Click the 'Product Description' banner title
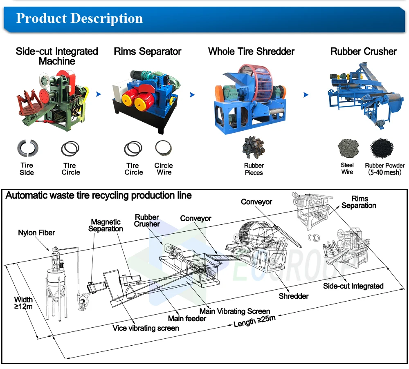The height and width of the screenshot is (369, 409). [79, 18]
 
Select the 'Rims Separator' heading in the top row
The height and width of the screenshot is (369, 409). [147, 51]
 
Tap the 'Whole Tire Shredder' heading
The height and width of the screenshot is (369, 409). [251, 51]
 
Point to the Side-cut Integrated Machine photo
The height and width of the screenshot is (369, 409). [53, 100]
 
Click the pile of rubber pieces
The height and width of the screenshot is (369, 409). [254, 148]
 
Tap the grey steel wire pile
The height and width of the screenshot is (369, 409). [348, 148]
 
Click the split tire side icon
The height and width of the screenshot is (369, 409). [27, 148]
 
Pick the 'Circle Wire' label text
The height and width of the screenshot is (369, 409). [164, 169]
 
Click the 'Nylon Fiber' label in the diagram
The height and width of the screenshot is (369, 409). [36, 233]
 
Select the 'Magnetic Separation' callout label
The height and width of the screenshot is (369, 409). [106, 225]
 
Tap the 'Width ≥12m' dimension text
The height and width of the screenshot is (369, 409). [23, 303]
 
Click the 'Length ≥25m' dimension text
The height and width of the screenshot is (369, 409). [254, 322]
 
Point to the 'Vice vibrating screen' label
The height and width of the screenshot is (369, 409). [146, 328]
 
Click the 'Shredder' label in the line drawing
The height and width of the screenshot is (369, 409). [294, 296]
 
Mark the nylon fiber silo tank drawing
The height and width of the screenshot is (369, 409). [56, 282]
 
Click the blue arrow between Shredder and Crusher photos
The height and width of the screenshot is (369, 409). [306, 95]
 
